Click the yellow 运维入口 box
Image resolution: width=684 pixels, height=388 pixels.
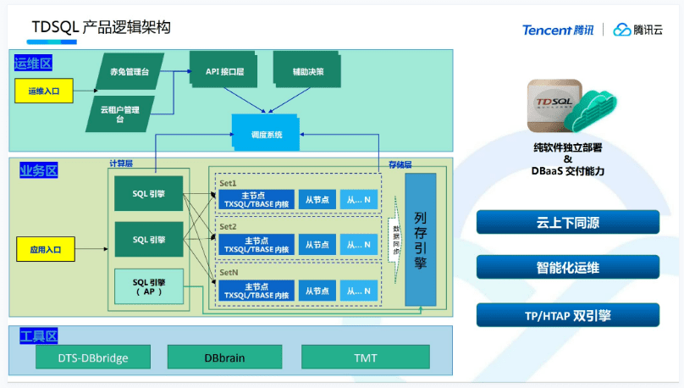coord(42,90)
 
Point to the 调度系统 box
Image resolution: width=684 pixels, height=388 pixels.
coord(266,134)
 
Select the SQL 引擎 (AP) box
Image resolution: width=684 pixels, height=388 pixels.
coord(148,286)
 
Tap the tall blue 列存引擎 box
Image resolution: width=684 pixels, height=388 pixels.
coord(421,239)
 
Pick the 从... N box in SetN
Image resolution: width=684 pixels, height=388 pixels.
coord(358,291)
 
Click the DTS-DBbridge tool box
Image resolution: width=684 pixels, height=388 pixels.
coord(93,358)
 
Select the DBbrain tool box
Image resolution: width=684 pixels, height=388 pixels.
coord(224,358)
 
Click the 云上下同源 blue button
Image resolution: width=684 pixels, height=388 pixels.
coord(567,223)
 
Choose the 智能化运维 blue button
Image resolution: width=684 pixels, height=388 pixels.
coord(567,269)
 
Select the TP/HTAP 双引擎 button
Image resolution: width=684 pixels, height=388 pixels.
coord(567,315)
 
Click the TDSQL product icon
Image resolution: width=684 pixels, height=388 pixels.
coord(553,108)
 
